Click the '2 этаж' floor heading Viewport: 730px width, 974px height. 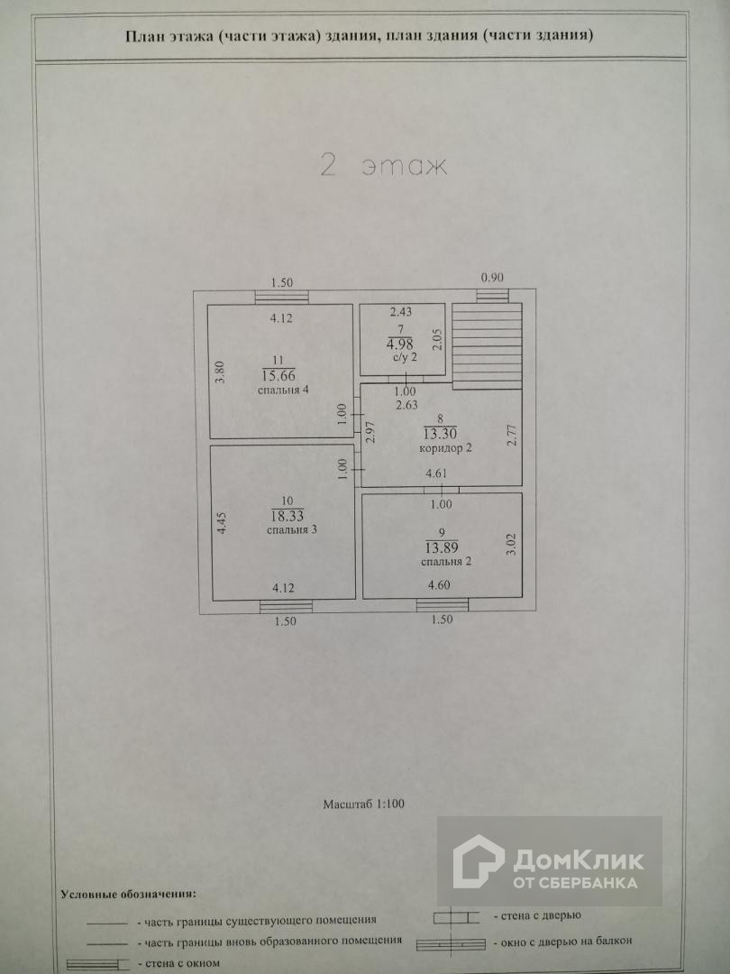[384, 167]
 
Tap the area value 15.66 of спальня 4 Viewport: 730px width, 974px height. [278, 374]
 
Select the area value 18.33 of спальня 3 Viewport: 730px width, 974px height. [287, 515]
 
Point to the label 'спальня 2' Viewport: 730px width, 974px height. [445, 561]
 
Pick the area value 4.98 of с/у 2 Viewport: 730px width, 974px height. [399, 343]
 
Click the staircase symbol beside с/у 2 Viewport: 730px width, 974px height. [488, 344]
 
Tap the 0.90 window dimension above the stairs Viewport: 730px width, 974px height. [492, 278]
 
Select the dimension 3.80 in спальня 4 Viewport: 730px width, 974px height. [219, 373]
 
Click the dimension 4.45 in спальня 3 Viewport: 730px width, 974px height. [222, 525]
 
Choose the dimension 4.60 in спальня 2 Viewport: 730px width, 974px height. [440, 586]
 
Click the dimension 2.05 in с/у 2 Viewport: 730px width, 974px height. [437, 339]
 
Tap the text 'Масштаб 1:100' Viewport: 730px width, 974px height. [364, 803]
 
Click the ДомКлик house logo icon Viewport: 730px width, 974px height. [477, 861]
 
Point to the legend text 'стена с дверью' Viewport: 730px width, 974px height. [536, 914]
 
